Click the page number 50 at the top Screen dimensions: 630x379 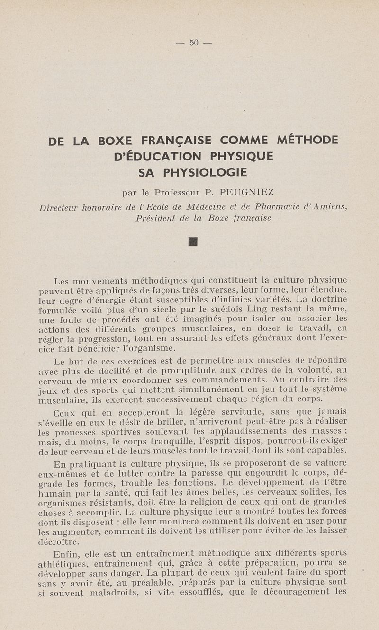click(193, 43)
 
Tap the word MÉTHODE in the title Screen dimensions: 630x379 click(307, 140)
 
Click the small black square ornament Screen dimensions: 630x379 click(192, 242)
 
